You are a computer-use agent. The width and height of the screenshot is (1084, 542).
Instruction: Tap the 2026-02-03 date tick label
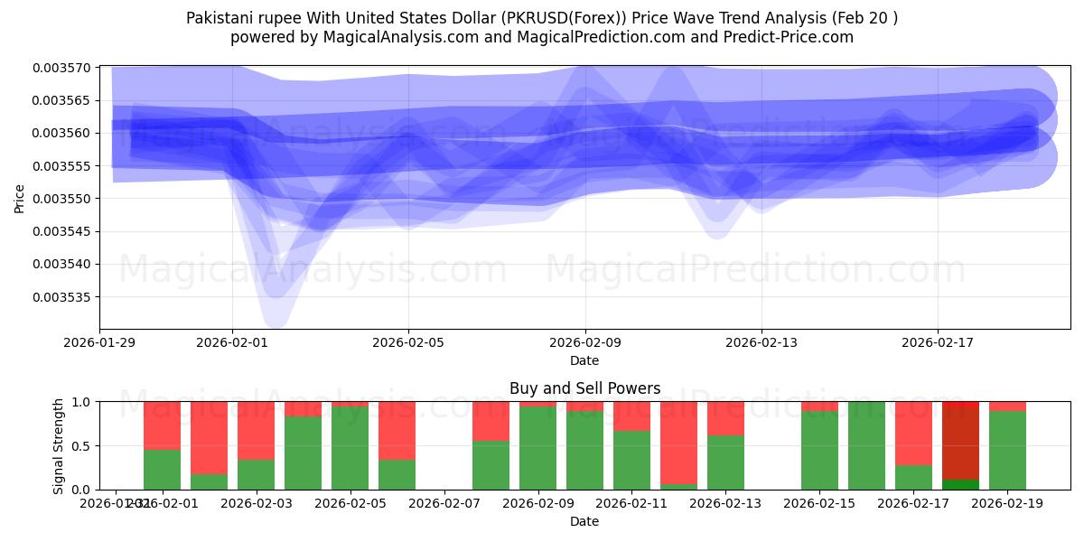coord(256,504)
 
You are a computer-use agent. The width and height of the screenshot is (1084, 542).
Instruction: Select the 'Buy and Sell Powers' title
coord(584,388)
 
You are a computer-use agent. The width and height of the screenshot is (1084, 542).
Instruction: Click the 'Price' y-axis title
coord(20,198)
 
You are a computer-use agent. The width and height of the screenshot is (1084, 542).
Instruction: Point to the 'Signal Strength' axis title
coord(59,445)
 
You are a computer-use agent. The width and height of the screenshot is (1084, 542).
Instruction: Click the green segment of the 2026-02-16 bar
coord(866,446)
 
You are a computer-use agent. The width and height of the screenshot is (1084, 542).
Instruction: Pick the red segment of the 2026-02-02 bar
coord(209,438)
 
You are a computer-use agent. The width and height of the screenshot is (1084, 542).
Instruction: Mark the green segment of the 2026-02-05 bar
coord(350,448)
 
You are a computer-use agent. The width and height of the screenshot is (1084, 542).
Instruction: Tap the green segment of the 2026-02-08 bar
coord(491,465)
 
